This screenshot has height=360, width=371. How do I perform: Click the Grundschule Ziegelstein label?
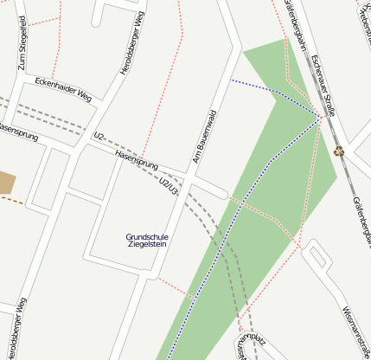click(x=147, y=241)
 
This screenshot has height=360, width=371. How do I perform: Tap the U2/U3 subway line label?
click(x=168, y=186)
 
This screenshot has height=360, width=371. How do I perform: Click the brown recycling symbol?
click(x=339, y=151)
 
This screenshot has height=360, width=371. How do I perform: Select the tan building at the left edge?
click(x=6, y=183)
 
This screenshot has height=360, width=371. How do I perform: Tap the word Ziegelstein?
click(x=147, y=245)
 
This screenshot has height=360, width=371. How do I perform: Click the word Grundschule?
click(x=147, y=236)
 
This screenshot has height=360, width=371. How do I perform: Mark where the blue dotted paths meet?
click(x=321, y=118)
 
